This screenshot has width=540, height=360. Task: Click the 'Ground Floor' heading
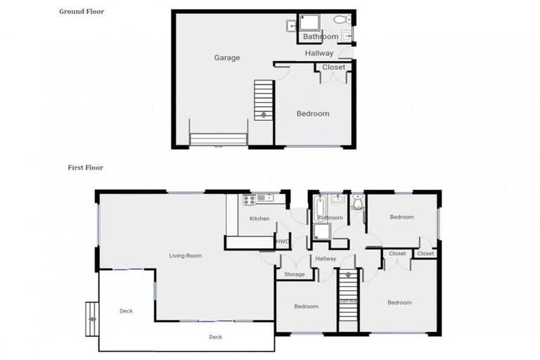point(82,11)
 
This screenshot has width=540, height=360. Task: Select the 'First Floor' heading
point(86,168)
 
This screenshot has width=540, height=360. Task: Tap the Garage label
point(227,58)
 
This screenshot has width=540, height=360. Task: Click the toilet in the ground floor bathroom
point(340,20)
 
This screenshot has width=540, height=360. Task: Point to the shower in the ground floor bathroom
point(309,22)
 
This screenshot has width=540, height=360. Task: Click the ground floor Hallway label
point(319,53)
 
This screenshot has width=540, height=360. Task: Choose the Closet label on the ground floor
point(334,67)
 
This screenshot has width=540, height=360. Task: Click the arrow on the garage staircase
point(264,114)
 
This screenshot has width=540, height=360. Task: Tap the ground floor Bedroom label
point(312,114)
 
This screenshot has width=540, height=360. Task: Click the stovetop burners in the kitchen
point(249,200)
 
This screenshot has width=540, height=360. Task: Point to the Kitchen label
point(259,219)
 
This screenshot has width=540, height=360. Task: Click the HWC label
point(283,242)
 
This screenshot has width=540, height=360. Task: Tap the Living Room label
point(186,256)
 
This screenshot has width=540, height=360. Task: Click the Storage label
point(295,274)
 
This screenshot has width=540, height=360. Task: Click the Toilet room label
point(357,208)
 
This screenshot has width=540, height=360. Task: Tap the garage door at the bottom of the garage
point(218,139)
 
